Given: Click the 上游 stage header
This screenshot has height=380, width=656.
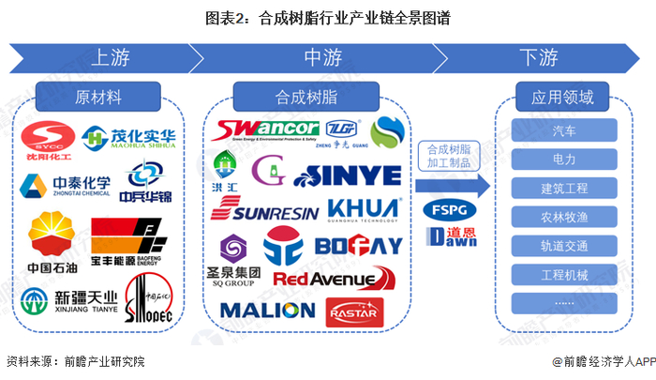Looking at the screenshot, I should [x=112, y=57].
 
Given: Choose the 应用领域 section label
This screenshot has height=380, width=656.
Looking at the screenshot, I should [x=565, y=97].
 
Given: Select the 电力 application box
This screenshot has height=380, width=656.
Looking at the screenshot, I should [x=565, y=159].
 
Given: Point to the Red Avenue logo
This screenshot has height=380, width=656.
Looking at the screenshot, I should [x=327, y=279].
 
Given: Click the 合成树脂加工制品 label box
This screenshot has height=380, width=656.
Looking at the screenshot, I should [x=446, y=156].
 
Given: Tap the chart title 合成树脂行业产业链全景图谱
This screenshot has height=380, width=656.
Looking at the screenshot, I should [x=327, y=16].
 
